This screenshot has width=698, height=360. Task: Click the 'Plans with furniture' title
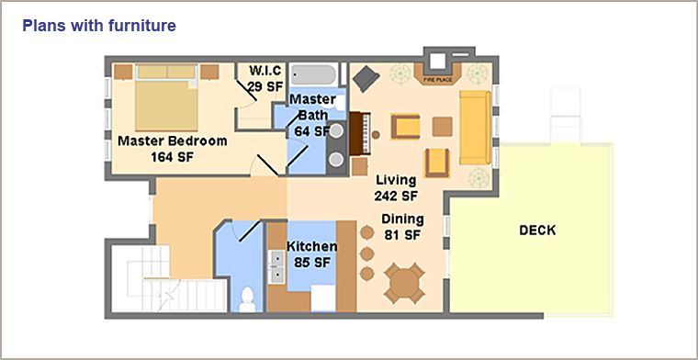[x=99, y=26]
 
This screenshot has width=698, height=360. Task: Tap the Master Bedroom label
[x=173, y=141]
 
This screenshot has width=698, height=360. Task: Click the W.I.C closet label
[x=265, y=71]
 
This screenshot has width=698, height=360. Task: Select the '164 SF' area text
[x=173, y=157]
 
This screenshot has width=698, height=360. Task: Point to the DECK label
[x=538, y=231]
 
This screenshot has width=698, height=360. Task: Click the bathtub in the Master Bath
[x=314, y=74]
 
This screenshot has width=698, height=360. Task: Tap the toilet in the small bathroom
[x=247, y=299]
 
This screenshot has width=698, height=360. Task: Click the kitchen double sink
[x=277, y=266]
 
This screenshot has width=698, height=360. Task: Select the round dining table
[x=404, y=283]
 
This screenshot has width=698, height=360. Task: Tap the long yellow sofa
[x=475, y=128]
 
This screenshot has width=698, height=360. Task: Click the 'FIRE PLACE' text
[x=437, y=80]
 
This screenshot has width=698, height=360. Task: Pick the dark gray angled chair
[x=366, y=79]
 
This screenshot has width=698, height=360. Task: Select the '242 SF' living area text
[x=395, y=196]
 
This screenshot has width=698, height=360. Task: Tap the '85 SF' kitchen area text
[x=312, y=263]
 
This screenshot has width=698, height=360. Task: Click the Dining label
[x=402, y=219]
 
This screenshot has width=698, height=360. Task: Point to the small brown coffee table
[x=443, y=127]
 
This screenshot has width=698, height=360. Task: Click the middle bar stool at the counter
[x=366, y=254]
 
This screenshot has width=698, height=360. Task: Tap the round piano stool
[x=377, y=134]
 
